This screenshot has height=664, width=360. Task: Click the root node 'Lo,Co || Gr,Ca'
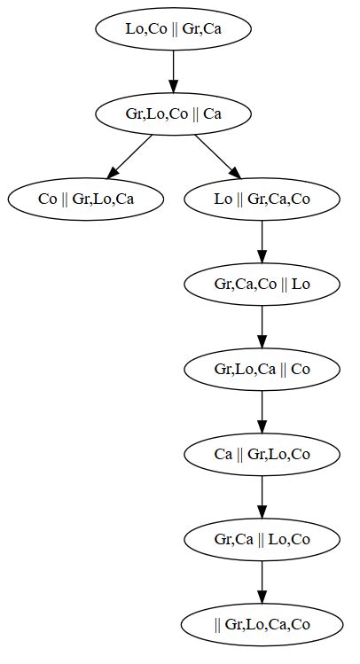[x=173, y=28]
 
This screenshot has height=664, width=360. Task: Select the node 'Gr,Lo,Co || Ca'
[x=173, y=113]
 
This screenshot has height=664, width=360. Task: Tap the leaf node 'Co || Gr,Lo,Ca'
[x=86, y=199]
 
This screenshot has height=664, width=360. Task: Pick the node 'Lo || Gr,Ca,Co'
[x=262, y=199]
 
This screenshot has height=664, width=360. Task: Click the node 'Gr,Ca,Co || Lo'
[x=262, y=284]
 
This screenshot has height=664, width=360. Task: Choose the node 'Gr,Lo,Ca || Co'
[x=262, y=369]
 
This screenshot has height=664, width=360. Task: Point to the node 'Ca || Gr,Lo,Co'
[x=262, y=454]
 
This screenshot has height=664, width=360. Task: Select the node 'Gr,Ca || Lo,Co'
[x=262, y=539]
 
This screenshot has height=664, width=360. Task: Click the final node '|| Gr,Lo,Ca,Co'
[x=262, y=624]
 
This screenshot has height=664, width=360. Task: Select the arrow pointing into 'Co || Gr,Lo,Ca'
[x=129, y=156]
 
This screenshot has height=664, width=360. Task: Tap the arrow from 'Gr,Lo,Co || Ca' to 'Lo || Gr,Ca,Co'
[x=217, y=156]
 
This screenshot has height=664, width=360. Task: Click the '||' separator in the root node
[x=176, y=28]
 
